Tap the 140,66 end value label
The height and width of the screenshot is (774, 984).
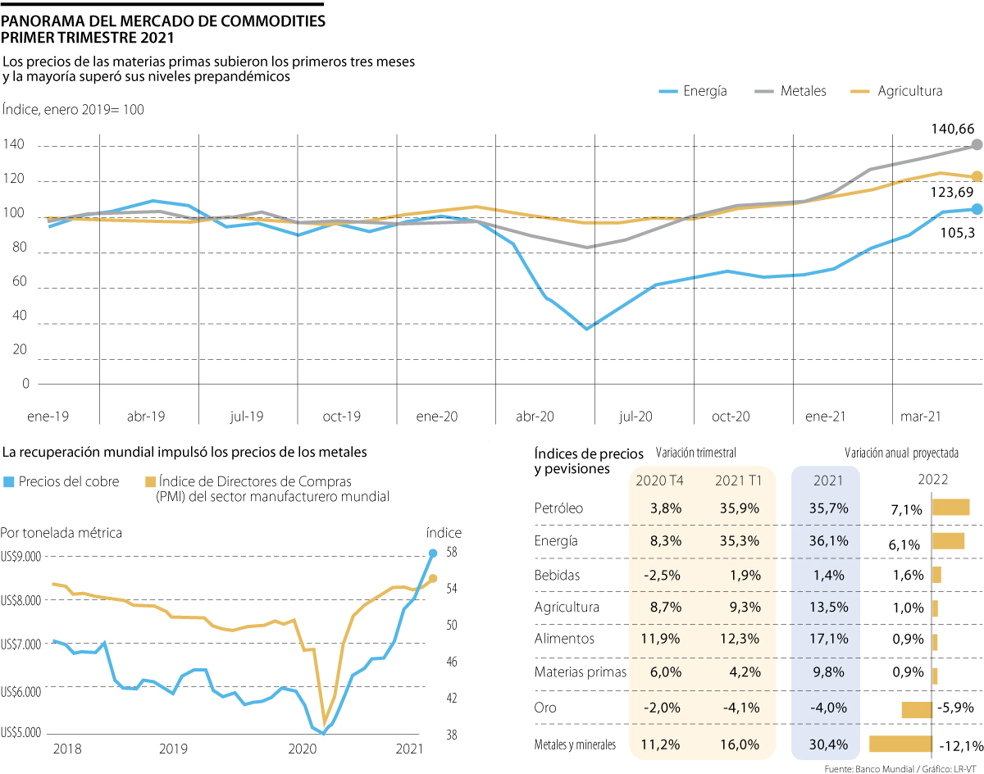point(952,129)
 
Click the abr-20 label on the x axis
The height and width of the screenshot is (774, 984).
point(535,417)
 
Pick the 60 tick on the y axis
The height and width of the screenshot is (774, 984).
point(20,281)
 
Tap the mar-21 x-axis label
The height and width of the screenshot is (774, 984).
point(920,417)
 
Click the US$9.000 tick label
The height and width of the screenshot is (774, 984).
point(22,557)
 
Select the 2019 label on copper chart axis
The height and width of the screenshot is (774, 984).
point(174,749)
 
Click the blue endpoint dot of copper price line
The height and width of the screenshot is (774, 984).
point(433,553)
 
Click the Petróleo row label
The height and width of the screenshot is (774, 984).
point(558,508)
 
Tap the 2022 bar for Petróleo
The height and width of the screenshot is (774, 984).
point(950,508)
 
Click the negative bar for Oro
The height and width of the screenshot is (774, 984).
point(916,709)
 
